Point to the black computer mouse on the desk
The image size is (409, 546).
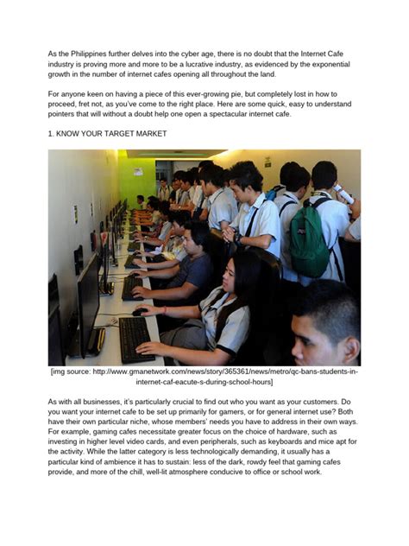tap(139, 312)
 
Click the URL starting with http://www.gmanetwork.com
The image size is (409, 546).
tap(221, 371)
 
